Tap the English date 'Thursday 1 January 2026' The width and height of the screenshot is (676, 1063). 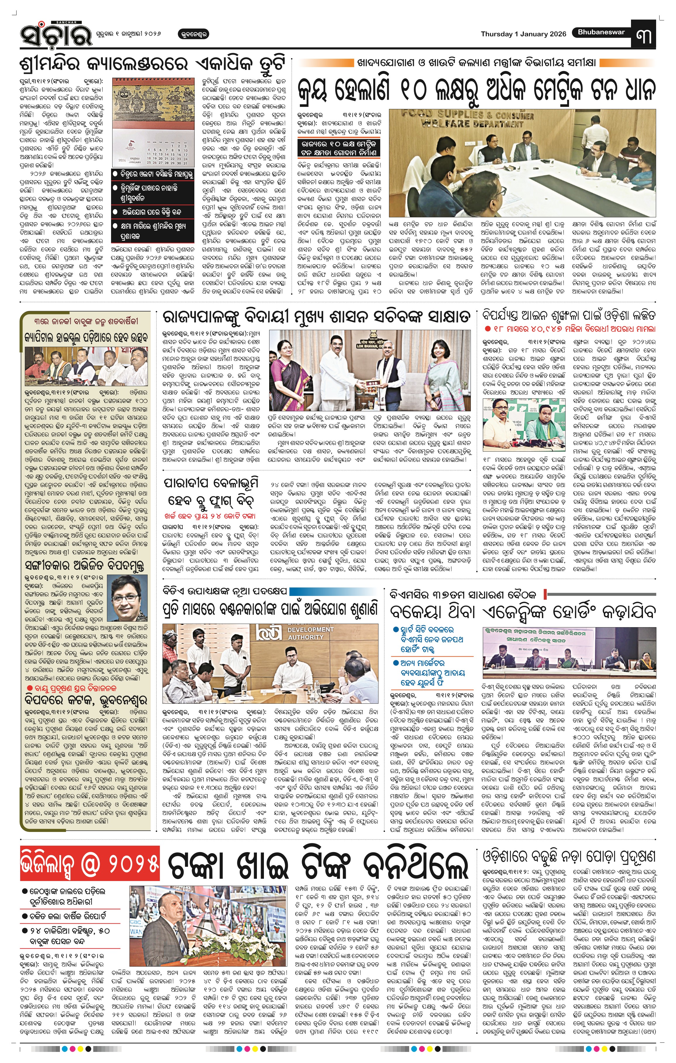pyautogui.click(x=523, y=34)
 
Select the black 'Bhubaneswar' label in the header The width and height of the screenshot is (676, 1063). pyautogui.click(x=601, y=32)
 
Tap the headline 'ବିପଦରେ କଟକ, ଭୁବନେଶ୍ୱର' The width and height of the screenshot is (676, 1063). pyautogui.click(x=86, y=700)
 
